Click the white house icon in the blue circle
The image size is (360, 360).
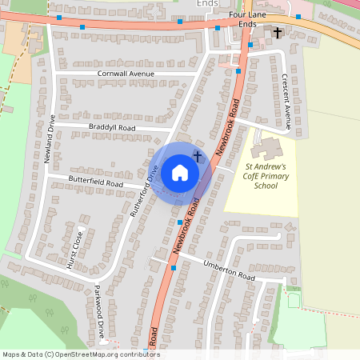pyautogui.click(x=180, y=172)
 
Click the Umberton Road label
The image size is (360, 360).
pyautogui.click(x=228, y=271)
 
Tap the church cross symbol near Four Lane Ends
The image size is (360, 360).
pyautogui.click(x=278, y=33)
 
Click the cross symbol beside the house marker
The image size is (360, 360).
pyautogui.click(x=197, y=157)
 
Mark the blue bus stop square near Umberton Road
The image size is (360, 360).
pyautogui.click(x=173, y=268)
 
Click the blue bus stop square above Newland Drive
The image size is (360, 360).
pyautogui.click(x=59, y=17)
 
